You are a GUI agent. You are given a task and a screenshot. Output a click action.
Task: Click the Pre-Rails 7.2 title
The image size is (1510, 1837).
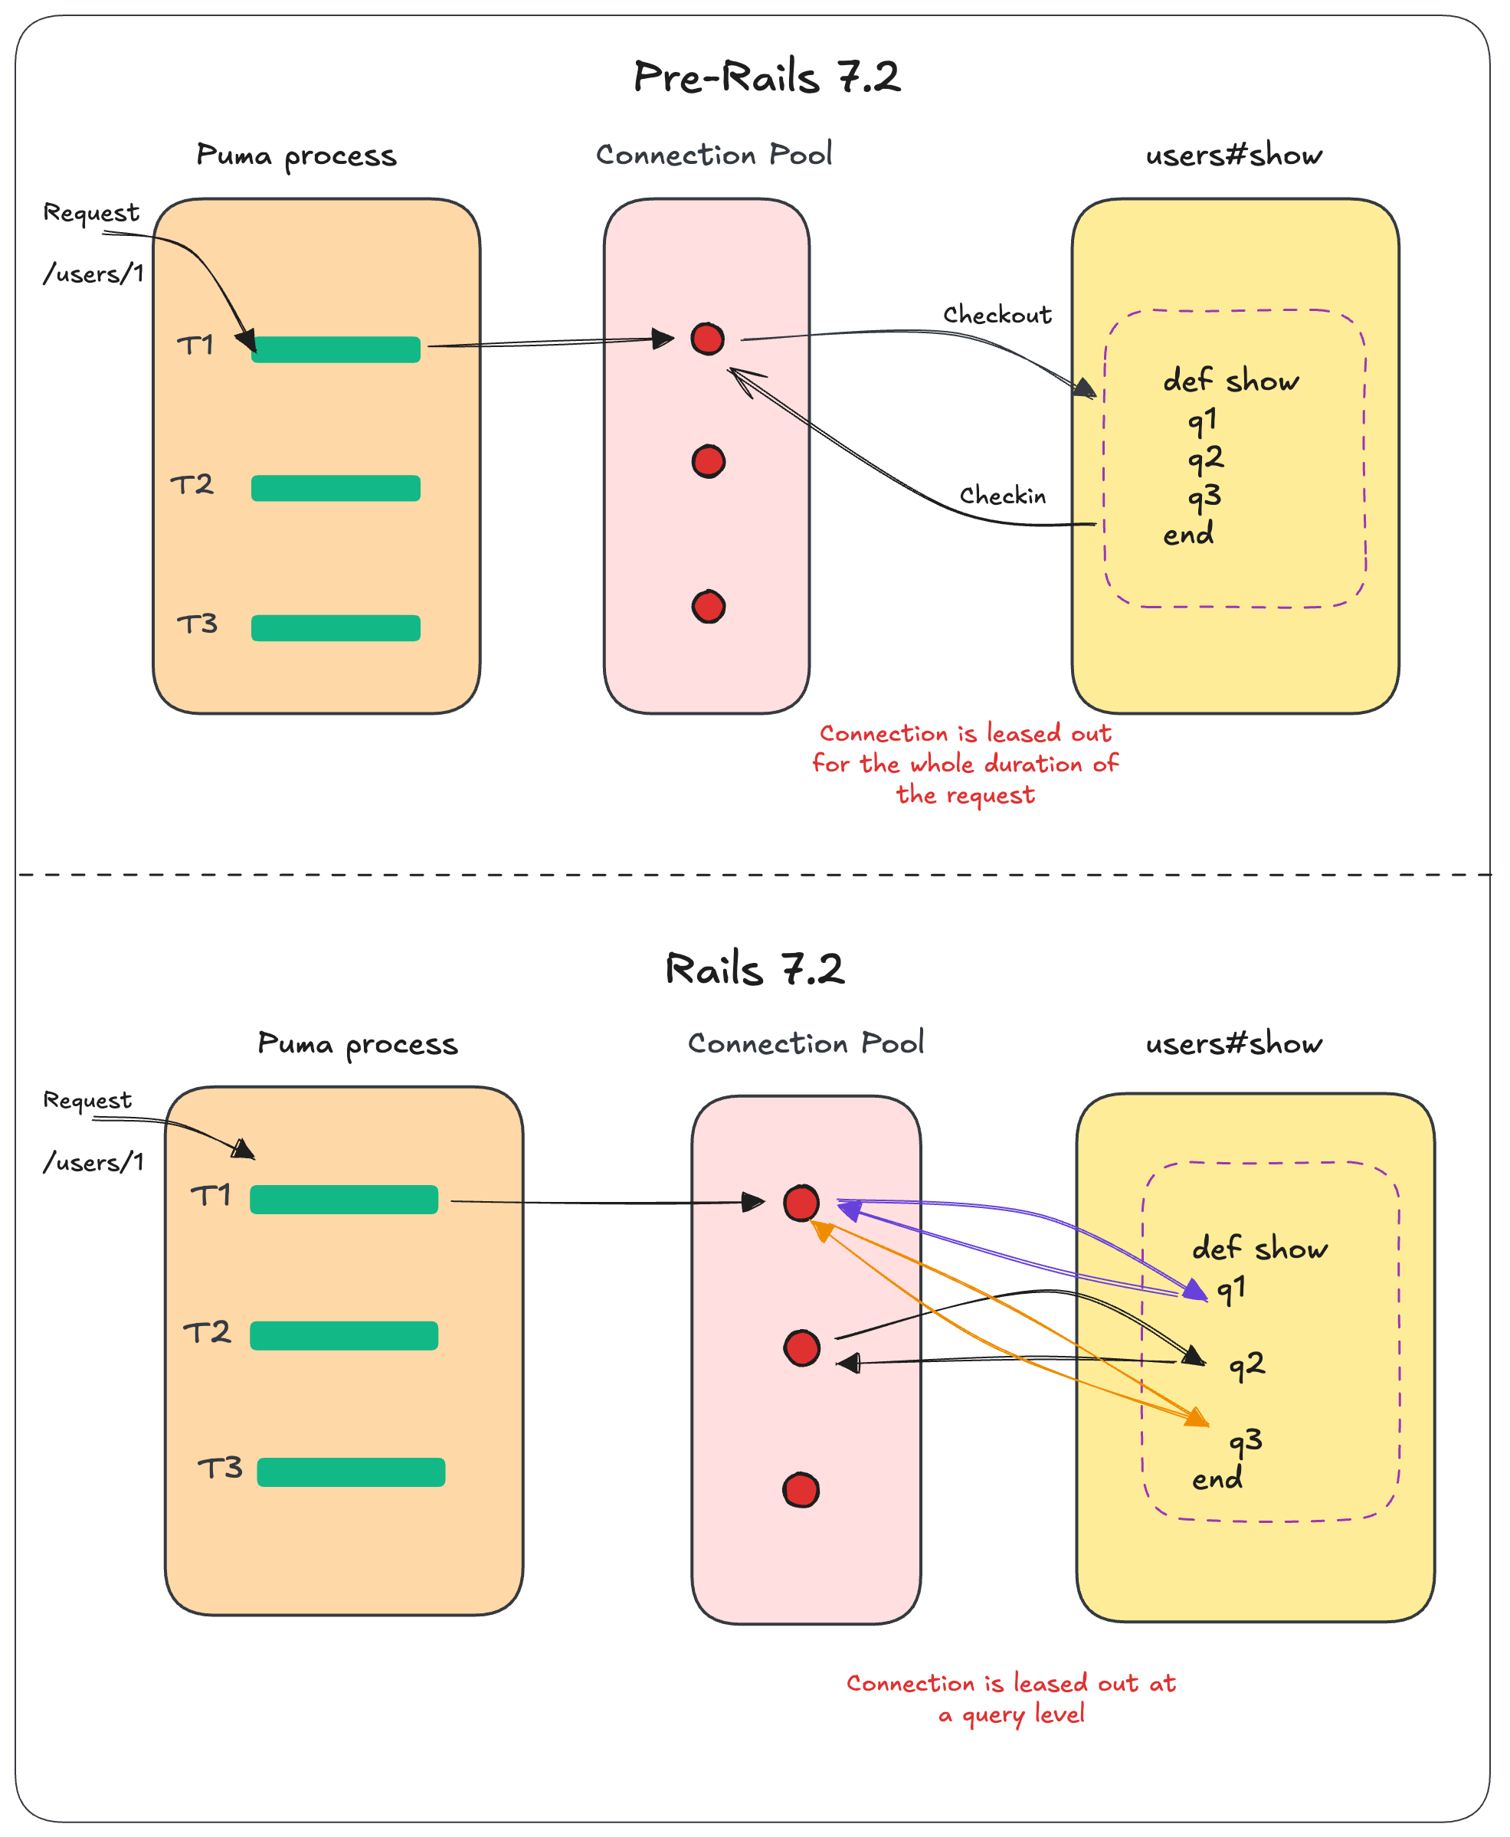[766, 77]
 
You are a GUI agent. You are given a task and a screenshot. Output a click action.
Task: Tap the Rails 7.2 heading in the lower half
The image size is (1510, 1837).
[754, 968]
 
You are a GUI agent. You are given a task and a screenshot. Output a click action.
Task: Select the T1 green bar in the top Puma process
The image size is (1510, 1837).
[336, 349]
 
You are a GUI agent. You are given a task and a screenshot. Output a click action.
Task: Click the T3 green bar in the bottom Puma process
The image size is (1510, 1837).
[351, 1472]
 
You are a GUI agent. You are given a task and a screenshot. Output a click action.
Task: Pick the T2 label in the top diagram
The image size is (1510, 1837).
[192, 483]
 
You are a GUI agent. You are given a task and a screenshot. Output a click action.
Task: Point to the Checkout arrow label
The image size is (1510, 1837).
[997, 314]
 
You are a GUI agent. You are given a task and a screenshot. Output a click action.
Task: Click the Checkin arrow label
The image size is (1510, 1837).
[1002, 495]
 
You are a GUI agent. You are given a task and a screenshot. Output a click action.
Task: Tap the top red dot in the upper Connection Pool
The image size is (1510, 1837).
[707, 339]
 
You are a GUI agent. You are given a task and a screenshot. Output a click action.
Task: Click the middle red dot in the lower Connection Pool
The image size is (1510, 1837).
[801, 1347]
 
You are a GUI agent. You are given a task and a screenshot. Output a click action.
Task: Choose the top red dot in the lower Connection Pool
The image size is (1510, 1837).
[801, 1203]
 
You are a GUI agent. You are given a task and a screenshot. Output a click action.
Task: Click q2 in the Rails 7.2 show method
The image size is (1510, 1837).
[1246, 1364]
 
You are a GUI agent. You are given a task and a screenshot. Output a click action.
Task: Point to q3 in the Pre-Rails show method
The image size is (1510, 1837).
[1204, 496]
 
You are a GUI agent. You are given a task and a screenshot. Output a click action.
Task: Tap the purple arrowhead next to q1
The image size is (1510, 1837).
[1197, 1290]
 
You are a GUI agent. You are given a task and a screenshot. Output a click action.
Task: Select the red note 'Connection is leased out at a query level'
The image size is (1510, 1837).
[1010, 1698]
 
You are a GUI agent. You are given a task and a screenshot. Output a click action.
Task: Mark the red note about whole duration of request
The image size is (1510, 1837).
[965, 764]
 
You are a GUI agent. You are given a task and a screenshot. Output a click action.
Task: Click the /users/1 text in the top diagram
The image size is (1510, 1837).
[93, 274]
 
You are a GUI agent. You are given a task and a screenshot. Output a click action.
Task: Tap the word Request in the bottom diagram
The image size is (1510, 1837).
[87, 1099]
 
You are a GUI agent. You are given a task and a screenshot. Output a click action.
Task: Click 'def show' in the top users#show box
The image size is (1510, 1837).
[1231, 380]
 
